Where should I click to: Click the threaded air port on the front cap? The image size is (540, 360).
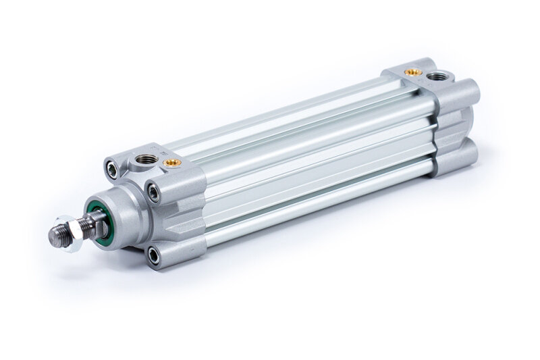pyautogui.click(x=144, y=159)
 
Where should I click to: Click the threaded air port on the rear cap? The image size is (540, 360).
pyautogui.click(x=431, y=75)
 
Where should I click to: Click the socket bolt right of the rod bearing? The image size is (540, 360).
pyautogui.click(x=155, y=193)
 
